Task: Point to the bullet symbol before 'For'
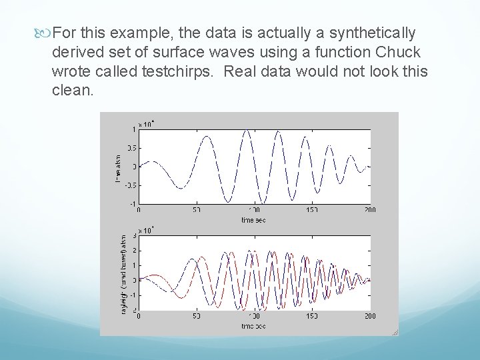pos(45,33)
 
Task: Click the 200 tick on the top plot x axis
pos(369,210)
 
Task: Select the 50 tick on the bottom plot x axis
pos(197,316)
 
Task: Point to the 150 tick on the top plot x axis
pos(312,210)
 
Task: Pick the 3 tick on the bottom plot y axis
pos(134,235)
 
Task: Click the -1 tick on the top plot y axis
pos(133,203)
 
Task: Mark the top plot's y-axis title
pos(119,166)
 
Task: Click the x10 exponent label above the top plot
pos(146,123)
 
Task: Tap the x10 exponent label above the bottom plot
pos(146,230)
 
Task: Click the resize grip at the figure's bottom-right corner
pos(395,332)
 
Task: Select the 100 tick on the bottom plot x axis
pos(254,316)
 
